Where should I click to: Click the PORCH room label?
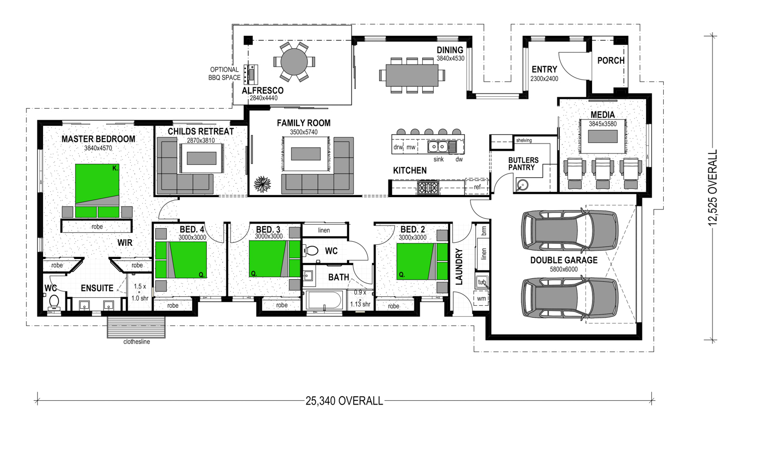click(x=611, y=60)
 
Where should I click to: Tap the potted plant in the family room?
click(x=262, y=185)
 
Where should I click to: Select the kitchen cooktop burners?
click(x=428, y=188)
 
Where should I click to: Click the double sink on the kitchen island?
click(x=437, y=147)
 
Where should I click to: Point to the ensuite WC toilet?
click(x=54, y=303)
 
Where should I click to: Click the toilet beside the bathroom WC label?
click(x=311, y=251)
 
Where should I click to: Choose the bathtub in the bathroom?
click(x=324, y=300)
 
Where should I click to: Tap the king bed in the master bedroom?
click(x=98, y=190)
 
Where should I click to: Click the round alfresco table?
click(x=294, y=62)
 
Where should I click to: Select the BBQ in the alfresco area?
click(x=250, y=74)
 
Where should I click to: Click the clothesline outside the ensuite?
click(x=136, y=327)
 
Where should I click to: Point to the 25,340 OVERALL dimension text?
click(x=344, y=401)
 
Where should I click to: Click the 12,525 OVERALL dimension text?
click(x=713, y=188)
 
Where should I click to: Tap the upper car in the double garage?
click(x=570, y=230)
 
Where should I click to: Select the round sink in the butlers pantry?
click(x=521, y=185)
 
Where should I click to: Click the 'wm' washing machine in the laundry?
click(x=481, y=298)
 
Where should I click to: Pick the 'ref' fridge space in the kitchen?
click(x=477, y=187)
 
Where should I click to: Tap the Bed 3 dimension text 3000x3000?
click(x=269, y=237)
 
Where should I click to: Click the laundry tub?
click(x=482, y=282)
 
